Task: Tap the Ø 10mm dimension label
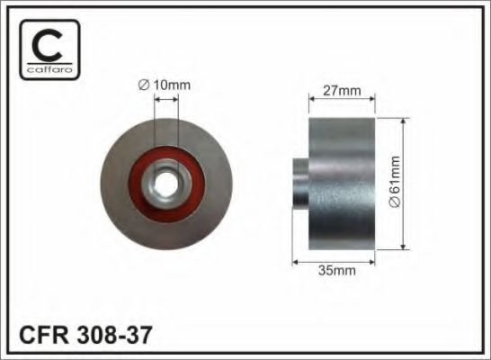[166, 85]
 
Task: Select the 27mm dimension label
[341, 89]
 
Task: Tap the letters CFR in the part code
[43, 335]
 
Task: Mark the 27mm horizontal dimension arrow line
[341, 101]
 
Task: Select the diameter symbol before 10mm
[145, 85]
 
